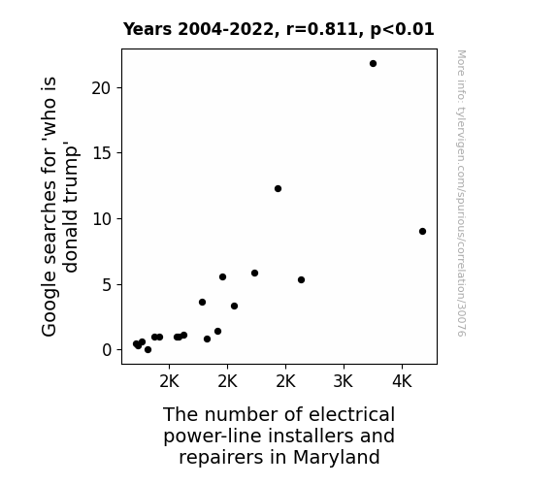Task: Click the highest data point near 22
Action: [373, 64]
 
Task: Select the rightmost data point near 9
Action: [422, 231]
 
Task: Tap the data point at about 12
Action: [278, 188]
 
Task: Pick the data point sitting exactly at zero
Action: [148, 350]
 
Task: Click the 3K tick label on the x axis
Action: [344, 381]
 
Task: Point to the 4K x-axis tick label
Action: [402, 381]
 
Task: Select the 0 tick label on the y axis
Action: [107, 350]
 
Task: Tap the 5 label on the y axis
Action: [107, 284]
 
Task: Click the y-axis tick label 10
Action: [102, 219]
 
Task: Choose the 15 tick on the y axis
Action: [102, 153]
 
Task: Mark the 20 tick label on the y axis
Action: [102, 88]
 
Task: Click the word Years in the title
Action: [148, 29]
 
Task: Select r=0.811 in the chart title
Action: [322, 29]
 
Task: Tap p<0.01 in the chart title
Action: [402, 29]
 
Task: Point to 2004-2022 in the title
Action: [228, 29]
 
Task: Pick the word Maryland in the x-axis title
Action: [337, 458]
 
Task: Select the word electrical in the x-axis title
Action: [351, 414]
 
